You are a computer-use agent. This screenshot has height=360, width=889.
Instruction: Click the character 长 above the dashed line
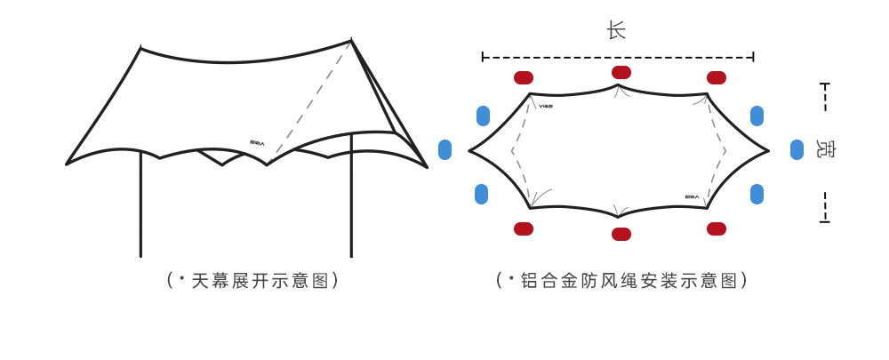coord(616,31)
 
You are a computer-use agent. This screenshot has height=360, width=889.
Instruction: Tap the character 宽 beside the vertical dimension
coord(826,149)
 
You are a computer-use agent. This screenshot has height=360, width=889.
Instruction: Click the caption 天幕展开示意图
coord(253,281)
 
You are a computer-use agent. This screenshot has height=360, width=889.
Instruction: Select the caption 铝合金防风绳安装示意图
coord(622,281)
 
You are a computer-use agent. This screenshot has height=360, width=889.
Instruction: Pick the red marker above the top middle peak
coord(621,72)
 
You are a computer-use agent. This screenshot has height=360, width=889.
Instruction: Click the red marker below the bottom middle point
coord(621,234)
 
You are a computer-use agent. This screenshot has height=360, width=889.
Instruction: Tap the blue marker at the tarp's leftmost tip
coord(445,149)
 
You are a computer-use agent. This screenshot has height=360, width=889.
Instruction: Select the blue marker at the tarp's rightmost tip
coord(797,149)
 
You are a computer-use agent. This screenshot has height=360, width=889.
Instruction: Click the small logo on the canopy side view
coord(258,142)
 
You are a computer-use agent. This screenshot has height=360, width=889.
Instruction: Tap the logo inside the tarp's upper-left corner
coord(546,106)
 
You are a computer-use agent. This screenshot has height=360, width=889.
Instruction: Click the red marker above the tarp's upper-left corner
coord(524,77)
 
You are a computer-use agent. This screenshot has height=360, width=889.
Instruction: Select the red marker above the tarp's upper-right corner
coord(717,77)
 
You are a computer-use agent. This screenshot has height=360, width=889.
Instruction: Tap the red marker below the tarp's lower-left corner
coord(524,228)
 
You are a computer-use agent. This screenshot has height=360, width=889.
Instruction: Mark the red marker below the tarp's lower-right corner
coord(717,228)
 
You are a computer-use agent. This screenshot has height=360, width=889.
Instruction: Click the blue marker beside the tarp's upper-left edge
coord(483,116)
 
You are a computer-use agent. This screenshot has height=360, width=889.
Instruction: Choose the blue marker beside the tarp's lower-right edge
coord(757,194)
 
